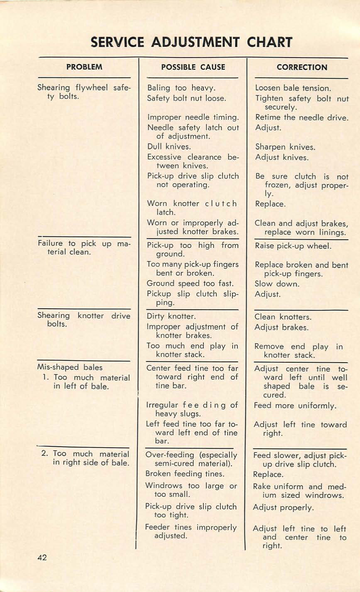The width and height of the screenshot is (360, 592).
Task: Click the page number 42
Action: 42,558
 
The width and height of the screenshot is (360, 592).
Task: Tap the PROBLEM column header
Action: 85,67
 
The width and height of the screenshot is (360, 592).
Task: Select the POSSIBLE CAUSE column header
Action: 193,67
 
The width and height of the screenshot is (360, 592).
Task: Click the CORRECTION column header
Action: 302,67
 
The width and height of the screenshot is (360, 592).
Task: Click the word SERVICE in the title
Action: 117,42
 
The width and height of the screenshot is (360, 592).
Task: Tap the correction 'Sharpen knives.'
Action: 285,147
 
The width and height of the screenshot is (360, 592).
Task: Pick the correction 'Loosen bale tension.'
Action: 293,88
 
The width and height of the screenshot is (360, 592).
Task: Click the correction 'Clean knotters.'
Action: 283,317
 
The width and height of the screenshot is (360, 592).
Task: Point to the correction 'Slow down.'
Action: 277,284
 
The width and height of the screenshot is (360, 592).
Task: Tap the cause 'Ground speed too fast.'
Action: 190,284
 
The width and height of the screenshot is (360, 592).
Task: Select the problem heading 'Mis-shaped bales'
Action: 70,367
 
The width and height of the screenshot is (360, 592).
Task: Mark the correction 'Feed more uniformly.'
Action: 295,406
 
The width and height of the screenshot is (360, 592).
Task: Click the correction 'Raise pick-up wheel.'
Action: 293,246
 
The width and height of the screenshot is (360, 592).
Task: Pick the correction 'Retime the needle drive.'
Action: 301,118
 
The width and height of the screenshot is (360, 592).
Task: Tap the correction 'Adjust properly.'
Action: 284,508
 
